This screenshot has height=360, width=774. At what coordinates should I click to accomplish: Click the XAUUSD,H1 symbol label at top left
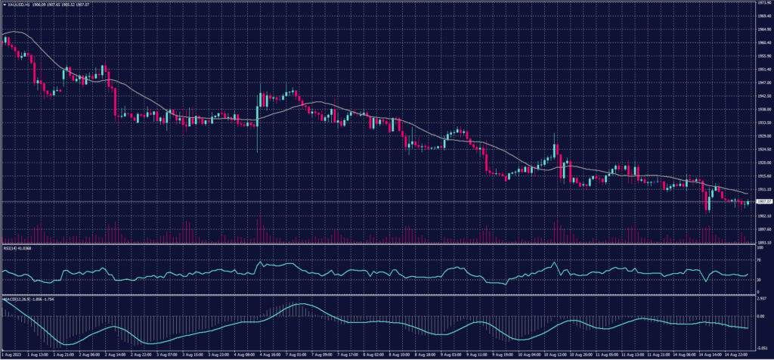tap(17, 5)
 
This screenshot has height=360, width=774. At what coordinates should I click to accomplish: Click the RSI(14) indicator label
tap(11, 247)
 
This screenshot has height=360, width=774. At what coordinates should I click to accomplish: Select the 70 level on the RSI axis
tap(758, 260)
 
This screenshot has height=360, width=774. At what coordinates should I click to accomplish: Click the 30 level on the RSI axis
tap(758, 281)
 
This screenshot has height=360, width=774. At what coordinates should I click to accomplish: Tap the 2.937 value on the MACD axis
tap(761, 299)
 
